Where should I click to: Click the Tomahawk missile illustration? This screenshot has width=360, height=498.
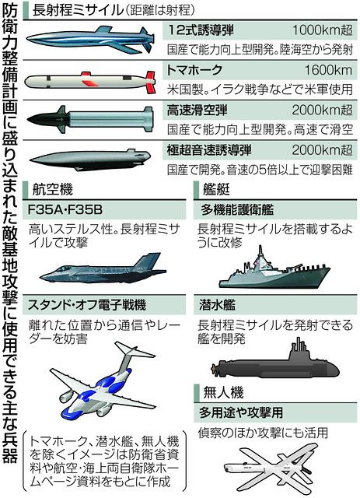pos(90,82)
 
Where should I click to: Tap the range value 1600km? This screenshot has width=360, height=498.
pos(328,70)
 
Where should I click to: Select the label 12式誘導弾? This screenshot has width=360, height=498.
pos(201,30)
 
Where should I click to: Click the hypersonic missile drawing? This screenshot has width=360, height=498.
pos(90,159)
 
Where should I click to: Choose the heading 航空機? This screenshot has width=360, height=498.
pos(53,190)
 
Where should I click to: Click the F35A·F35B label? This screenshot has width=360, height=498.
pos(65,209)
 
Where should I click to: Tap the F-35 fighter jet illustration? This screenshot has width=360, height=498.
pos(103,269)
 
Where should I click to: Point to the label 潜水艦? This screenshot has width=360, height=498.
pos(218,305)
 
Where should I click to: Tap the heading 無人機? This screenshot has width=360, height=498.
pos(223,392)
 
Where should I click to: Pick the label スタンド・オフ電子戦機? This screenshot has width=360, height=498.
pos(87,305)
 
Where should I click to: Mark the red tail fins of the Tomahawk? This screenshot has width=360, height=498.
pos(149,82)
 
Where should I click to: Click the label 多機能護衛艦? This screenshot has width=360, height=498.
pos(237,210)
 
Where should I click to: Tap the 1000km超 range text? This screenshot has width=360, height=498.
pos(322,30)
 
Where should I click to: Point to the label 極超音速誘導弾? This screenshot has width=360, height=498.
pos(209,150)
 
